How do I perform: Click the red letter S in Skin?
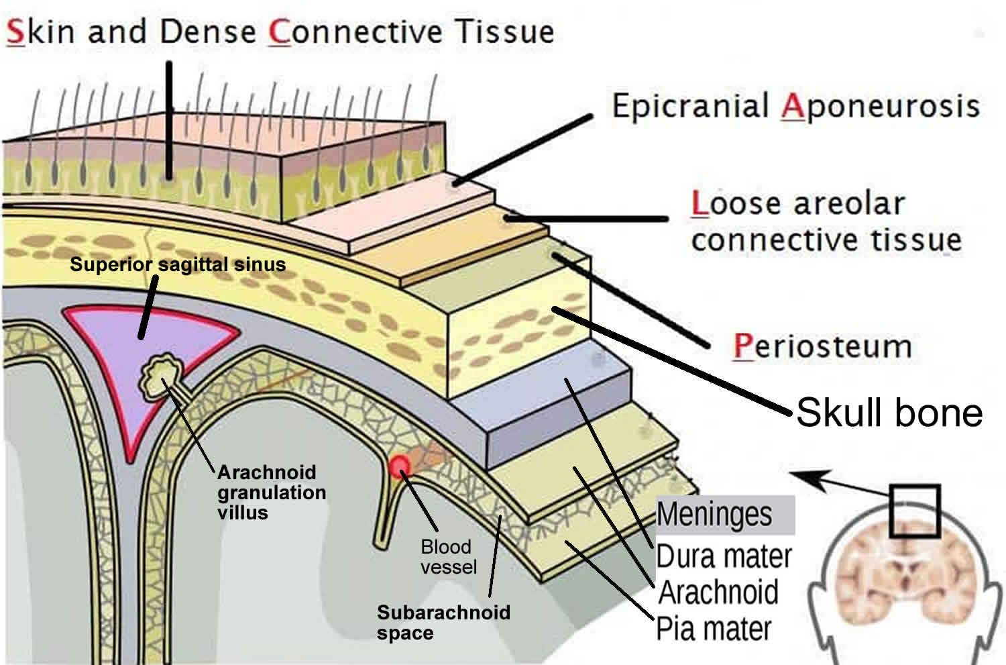tap(15, 32)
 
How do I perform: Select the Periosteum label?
tap(822, 347)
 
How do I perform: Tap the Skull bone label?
tap(889, 412)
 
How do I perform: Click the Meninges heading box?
tap(724, 515)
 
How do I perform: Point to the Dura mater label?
tap(723, 556)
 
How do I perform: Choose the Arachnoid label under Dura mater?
tap(718, 593)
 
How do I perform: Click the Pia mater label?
tap(714, 629)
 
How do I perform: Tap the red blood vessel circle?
tap(400, 465)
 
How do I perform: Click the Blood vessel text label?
tap(448, 557)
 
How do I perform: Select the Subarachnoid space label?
tap(443, 622)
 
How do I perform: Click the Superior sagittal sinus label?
tap(178, 264)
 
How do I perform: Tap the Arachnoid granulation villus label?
tap(271, 492)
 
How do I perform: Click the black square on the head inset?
tap(915, 511)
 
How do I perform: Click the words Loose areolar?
tap(798, 204)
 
